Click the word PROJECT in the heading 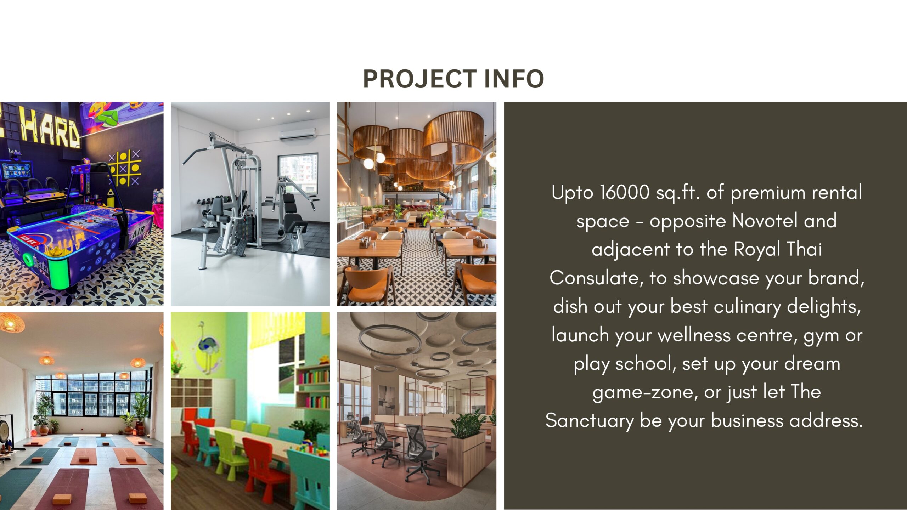tap(420, 79)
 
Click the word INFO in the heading tap(514, 79)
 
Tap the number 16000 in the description tap(625, 193)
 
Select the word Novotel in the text tap(765, 221)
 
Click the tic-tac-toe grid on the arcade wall tap(124, 168)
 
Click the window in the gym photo tap(298, 173)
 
